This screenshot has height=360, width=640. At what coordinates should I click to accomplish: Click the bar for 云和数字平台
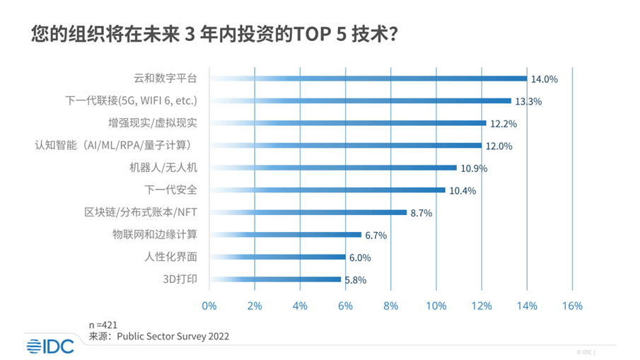pos(368,79)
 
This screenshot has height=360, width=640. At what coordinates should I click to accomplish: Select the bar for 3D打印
pos(275,279)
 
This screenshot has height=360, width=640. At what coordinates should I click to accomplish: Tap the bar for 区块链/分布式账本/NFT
pos(308,212)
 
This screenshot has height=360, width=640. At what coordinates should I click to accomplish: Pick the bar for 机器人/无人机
pos(332,168)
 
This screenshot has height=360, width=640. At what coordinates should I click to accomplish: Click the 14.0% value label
pos(545,79)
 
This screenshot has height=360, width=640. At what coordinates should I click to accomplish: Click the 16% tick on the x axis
pos(571,306)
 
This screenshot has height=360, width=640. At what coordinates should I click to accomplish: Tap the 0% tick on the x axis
pos(209,306)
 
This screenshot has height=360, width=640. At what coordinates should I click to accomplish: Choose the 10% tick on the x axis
pos(436,306)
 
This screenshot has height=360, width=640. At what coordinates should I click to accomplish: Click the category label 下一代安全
pos(170,190)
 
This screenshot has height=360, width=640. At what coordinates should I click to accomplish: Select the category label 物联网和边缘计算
pos(155,234)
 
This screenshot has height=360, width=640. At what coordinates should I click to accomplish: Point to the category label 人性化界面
pos(170,257)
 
